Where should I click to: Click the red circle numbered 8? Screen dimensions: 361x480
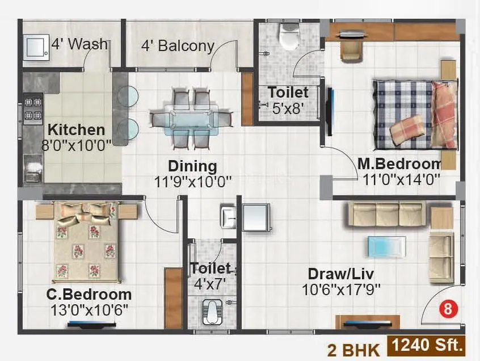tap(448, 310)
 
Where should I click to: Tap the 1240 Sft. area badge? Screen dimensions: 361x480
tap(427, 344)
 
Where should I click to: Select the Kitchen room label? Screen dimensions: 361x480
tap(76, 129)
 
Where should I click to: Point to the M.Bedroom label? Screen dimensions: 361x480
tap(399, 163)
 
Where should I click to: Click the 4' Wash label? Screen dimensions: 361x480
tap(79, 44)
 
